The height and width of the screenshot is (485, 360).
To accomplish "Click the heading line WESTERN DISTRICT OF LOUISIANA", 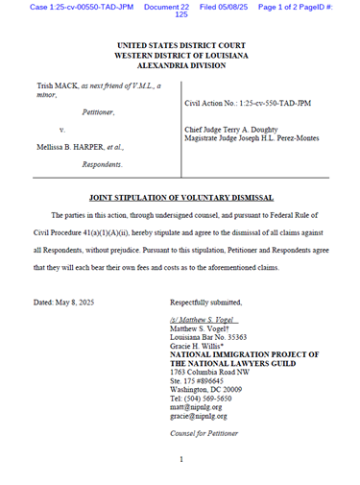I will click(x=180, y=56).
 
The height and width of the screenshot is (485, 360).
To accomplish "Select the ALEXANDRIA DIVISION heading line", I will click(x=180, y=66).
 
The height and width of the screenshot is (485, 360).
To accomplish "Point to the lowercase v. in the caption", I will click(x=62, y=129).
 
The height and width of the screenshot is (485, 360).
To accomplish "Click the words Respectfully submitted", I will click(x=207, y=303).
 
